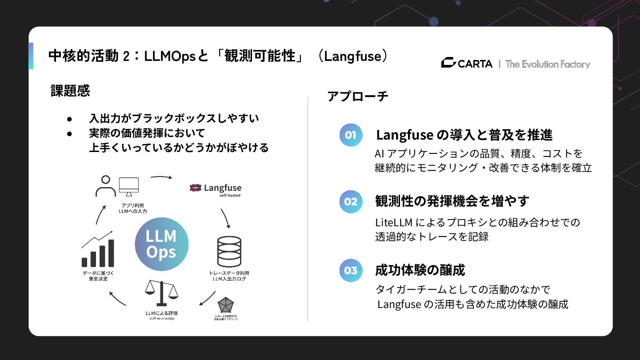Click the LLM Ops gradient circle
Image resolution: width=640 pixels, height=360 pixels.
pos(161,244)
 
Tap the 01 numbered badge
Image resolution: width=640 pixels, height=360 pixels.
pos(351,135)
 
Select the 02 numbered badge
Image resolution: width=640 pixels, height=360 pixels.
pos(351,202)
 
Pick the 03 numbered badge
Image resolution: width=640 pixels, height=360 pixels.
pos(351,270)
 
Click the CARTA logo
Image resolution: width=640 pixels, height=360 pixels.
pos(467,64)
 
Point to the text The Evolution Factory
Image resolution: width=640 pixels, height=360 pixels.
pos(548,64)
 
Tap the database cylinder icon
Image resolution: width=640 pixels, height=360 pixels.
pos(229,252)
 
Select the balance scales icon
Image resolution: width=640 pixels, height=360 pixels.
pos(161,293)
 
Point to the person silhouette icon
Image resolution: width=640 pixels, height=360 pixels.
pos(105,186)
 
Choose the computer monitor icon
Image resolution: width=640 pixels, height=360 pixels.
pos(129,187)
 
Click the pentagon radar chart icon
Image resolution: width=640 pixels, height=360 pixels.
pos(226,306)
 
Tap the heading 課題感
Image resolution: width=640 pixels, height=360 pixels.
pos(70,91)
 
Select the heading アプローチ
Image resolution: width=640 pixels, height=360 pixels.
pos(358,96)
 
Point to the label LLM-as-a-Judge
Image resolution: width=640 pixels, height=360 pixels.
pos(161,319)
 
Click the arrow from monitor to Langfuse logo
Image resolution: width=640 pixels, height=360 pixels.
pos(161,177)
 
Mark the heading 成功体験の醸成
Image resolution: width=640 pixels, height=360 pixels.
pos(420,270)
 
